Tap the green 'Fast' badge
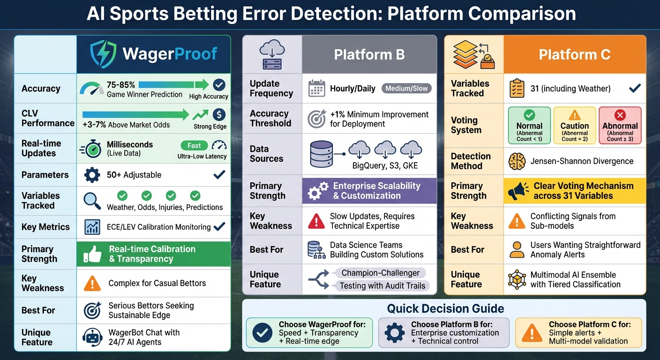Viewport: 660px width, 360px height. (194, 145)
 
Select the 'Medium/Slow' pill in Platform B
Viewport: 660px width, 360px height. (406, 88)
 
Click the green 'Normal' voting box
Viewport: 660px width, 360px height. (529, 126)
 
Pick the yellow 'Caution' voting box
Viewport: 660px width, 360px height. (574, 126)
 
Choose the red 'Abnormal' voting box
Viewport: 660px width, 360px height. (620, 126)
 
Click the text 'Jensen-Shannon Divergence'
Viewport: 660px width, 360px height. (582, 161)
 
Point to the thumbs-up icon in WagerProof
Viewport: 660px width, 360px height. (92, 254)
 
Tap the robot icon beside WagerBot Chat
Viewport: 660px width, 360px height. (92, 337)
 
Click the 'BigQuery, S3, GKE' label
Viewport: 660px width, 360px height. (385, 166)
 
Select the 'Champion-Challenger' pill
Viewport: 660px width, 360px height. (380, 273)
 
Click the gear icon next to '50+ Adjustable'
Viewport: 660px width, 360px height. (92, 175)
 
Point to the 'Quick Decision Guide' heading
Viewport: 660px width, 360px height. (445, 308)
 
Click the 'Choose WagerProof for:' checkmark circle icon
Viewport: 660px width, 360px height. (262, 333)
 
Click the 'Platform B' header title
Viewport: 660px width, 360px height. (369, 54)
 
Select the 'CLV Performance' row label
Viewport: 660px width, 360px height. (47, 118)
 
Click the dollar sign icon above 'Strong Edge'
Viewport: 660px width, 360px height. (218, 115)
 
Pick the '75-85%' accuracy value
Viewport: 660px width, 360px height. (121, 85)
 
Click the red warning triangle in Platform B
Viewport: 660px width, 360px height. (316, 221)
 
